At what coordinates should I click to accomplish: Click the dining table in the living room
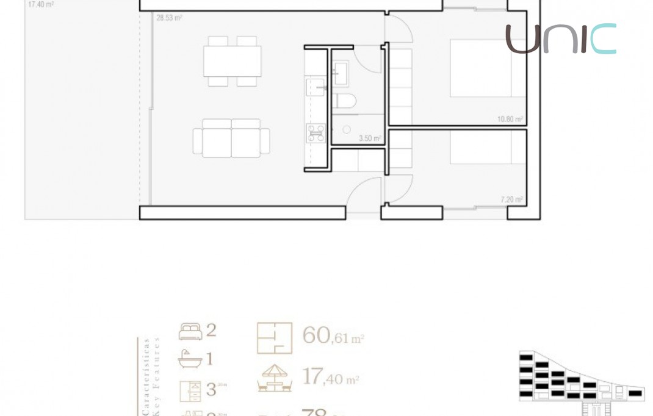[232, 61]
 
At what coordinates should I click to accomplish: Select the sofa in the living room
[231, 139]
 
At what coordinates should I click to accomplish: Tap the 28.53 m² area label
[169, 18]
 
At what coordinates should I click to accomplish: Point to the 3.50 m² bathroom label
[370, 138]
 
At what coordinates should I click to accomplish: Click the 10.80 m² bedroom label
[510, 120]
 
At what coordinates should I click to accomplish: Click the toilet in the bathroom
[345, 101]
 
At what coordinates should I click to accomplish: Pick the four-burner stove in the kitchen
[316, 132]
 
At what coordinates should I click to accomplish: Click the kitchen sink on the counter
[316, 87]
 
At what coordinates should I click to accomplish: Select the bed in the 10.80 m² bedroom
[488, 68]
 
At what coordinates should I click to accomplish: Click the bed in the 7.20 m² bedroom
[488, 147]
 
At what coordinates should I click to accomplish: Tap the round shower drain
[347, 129]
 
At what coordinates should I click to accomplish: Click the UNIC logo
[560, 39]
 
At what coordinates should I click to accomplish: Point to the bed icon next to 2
[190, 332]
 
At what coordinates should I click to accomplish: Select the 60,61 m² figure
[333, 336]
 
